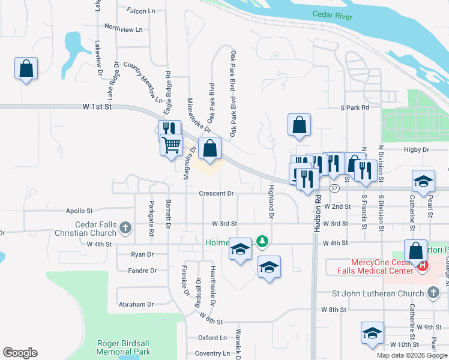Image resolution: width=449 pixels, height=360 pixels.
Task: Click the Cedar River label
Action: [332, 14]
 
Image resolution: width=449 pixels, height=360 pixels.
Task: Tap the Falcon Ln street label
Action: [141, 10]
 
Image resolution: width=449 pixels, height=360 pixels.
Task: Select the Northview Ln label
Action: [123, 28]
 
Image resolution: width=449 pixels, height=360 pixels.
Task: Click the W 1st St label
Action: [98, 107]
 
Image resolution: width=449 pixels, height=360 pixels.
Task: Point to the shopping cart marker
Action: [172, 144]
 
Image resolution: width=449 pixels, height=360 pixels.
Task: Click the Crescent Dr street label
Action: [216, 193]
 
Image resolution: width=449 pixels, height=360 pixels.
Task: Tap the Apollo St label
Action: [80, 211]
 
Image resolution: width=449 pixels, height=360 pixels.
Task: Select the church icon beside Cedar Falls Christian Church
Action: [125, 227]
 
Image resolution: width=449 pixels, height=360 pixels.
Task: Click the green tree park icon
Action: [262, 241]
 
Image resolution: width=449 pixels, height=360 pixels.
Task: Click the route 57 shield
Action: [334, 188]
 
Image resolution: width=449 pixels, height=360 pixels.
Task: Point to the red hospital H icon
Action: [424, 265]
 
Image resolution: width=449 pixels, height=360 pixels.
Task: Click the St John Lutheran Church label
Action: [380, 293]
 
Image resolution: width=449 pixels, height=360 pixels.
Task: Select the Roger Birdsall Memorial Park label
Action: [124, 347]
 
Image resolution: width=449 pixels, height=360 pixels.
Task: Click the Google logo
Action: [20, 353]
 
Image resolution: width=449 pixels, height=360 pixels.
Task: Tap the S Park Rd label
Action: [354, 107]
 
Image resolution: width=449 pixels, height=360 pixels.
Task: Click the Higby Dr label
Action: [417, 149]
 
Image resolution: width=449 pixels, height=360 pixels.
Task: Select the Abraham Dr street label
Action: [136, 304]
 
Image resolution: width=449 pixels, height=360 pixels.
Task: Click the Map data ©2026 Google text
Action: [411, 355]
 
